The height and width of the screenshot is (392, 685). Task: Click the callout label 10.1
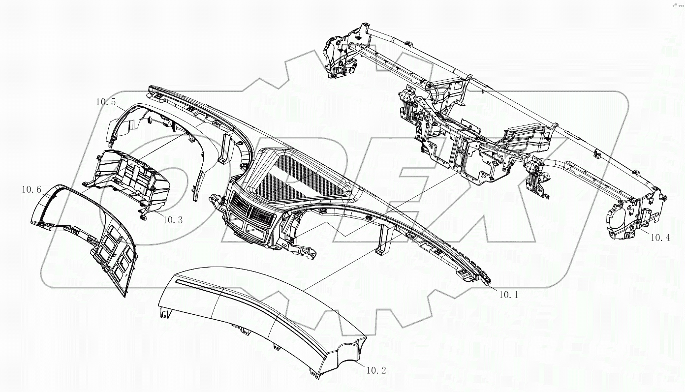pyautogui.click(x=508, y=295)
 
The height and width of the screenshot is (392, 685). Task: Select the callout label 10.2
pyautogui.click(x=376, y=370)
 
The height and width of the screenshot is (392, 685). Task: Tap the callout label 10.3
pyautogui.click(x=172, y=220)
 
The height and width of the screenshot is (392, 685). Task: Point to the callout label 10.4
pyautogui.click(x=660, y=238)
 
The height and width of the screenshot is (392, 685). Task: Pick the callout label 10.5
pyautogui.click(x=106, y=102)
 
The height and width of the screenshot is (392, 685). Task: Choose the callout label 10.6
pyautogui.click(x=31, y=189)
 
